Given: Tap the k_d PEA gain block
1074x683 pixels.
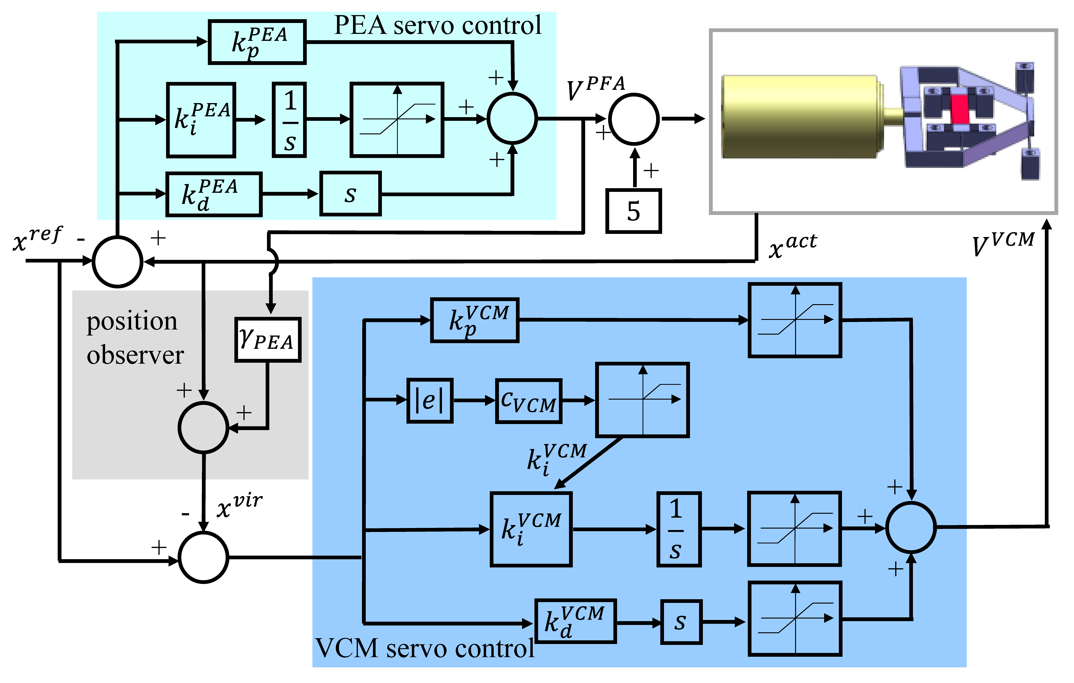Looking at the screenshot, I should [214, 194].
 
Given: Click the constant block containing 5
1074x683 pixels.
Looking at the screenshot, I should [633, 211].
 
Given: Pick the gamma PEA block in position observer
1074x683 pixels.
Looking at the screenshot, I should [268, 340].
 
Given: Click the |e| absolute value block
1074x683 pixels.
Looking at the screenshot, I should [429, 400].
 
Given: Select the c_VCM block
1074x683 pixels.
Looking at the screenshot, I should [529, 401].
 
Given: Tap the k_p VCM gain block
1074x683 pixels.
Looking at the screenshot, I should [475, 320].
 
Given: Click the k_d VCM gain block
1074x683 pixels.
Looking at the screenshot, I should [575, 621].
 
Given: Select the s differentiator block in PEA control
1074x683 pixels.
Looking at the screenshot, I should [351, 194].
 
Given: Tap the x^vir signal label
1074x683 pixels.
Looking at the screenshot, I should [239, 505].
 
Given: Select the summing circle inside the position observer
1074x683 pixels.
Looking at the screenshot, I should [203, 428].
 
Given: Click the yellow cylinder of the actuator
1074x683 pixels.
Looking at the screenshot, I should [798, 117].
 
